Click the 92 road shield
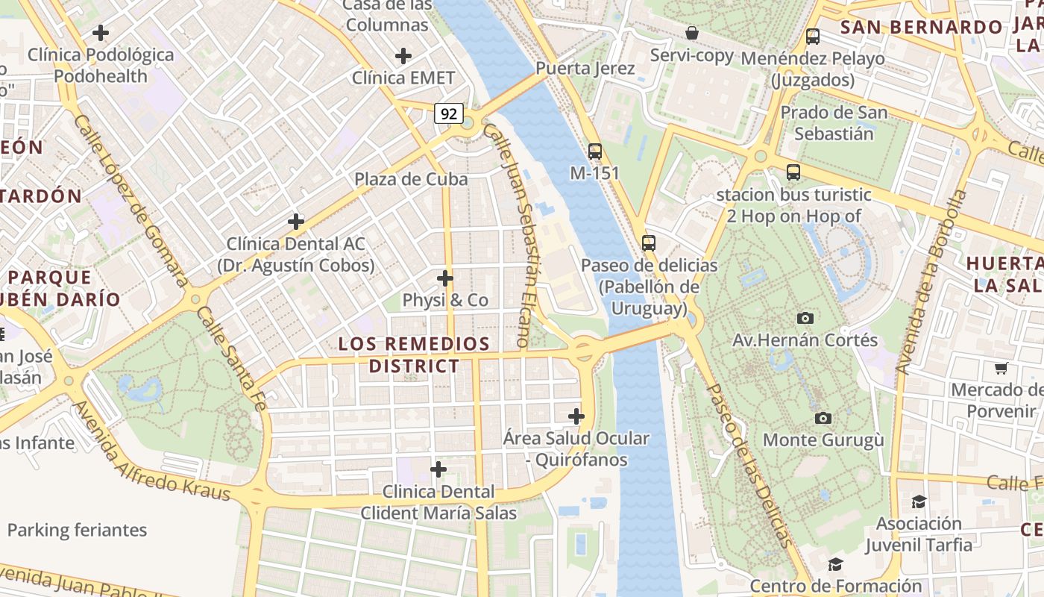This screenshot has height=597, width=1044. point(449,113)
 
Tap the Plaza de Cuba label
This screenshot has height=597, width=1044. point(411,179)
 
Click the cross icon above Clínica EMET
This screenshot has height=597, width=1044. point(403,56)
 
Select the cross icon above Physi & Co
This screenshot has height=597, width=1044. point(445,278)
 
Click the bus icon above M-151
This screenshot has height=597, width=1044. point(594,151)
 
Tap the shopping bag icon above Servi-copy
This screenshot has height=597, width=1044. point(692,34)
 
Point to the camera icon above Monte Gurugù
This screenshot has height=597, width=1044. point(823,418)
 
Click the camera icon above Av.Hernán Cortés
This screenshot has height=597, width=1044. point(805,318)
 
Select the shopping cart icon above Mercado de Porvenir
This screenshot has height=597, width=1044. point(1001,368)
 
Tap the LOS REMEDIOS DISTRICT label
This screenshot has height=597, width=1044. point(414,355)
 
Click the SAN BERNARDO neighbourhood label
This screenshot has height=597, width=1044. point(922,28)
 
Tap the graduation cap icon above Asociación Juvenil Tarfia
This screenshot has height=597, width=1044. point(919,501)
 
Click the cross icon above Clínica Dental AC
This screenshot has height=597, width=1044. point(296,222)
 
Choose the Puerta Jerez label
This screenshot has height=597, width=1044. point(585,69)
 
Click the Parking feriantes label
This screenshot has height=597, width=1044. point(77,531)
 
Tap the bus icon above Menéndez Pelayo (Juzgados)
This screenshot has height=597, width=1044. point(813,36)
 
